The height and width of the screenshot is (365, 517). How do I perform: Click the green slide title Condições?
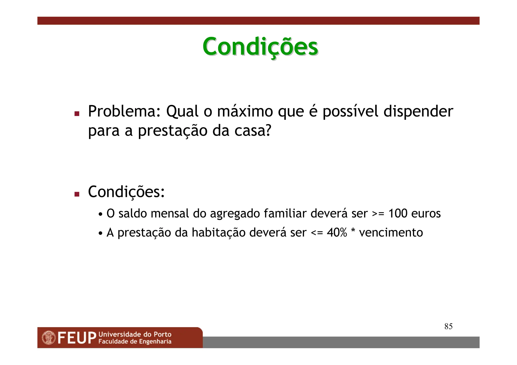point(260,47)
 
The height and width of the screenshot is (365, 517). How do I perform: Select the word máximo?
point(245,111)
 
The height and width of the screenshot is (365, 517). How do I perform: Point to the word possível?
point(350,112)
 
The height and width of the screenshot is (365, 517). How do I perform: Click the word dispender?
point(418,112)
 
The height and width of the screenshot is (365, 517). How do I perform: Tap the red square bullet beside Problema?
point(77,114)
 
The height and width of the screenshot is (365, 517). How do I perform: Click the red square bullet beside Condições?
point(77,194)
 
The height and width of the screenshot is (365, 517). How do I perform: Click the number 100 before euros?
point(398,213)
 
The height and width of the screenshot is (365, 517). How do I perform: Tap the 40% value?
point(337,233)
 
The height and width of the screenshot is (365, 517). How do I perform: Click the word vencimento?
point(391,233)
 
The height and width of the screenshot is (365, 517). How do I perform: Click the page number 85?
point(448,326)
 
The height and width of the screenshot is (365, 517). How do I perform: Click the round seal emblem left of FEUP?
point(49,338)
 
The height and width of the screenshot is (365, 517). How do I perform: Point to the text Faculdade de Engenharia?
point(135,342)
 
